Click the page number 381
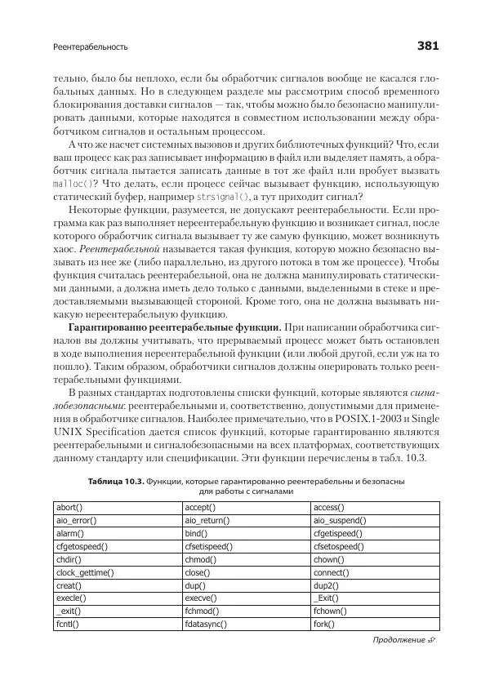tap(428, 46)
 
